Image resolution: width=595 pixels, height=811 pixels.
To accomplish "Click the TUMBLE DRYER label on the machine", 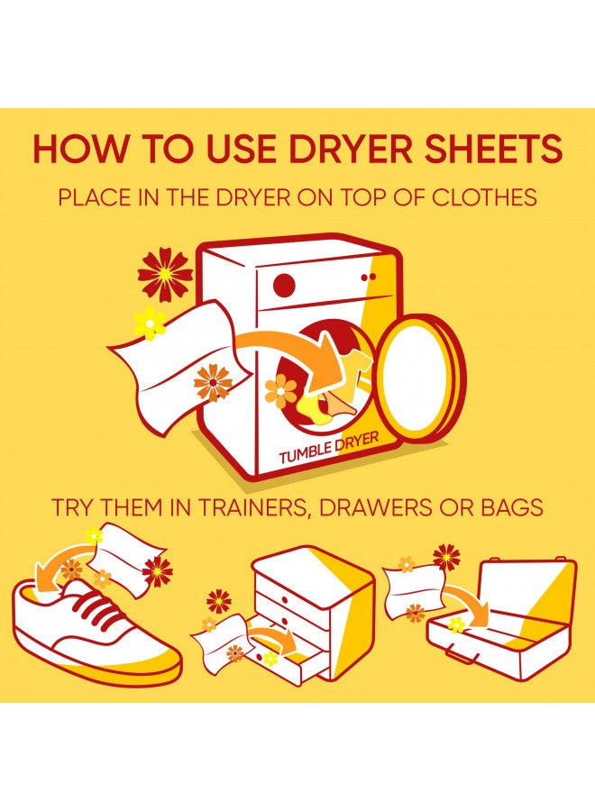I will pyautogui.click(x=328, y=448).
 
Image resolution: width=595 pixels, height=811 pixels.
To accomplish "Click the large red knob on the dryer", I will pyautogui.click(x=284, y=285).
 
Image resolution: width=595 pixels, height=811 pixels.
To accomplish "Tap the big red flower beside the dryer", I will pyautogui.click(x=165, y=274).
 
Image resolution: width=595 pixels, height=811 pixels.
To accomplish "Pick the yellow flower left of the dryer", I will pyautogui.click(x=150, y=322).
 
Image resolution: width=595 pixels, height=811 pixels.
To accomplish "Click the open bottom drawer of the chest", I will pyautogui.click(x=297, y=662).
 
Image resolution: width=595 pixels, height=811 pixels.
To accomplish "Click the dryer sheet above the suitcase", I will pyautogui.click(x=412, y=589).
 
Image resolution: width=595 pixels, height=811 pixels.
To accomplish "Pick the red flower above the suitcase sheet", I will pyautogui.click(x=445, y=557).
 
